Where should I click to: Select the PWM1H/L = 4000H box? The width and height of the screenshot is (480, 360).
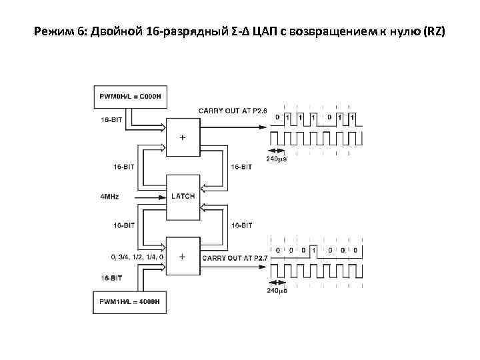click(x=130, y=301)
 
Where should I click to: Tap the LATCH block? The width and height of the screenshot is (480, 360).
click(x=183, y=196)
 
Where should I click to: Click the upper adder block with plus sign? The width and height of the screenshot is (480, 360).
click(x=183, y=135)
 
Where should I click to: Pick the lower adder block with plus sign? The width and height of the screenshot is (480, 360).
click(x=183, y=256)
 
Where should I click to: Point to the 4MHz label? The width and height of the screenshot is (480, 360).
click(x=111, y=197)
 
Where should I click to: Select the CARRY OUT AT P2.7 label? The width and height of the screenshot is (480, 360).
click(x=234, y=257)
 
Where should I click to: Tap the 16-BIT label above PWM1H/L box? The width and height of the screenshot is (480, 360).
click(x=111, y=277)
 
